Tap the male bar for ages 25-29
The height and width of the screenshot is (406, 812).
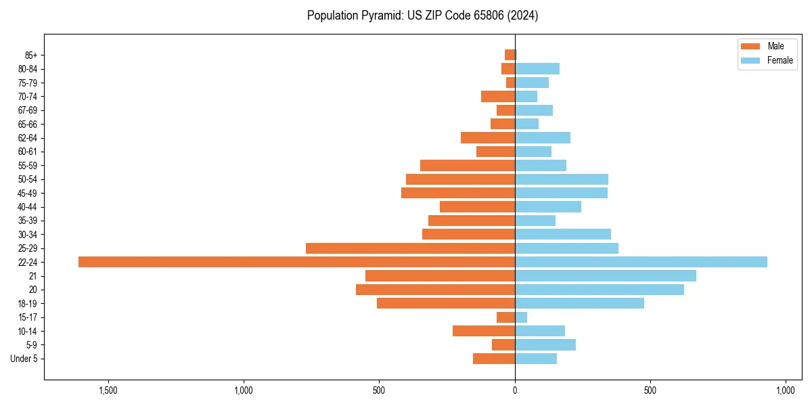(410, 248)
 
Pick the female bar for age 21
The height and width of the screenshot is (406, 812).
(605, 276)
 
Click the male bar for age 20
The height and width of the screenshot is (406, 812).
(435, 290)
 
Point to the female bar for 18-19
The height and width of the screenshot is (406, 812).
(579, 303)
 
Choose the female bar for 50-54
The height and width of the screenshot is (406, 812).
(561, 179)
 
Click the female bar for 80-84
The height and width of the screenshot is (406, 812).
(537, 69)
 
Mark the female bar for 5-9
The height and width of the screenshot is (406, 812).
(545, 344)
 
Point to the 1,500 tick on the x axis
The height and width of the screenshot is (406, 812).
(108, 391)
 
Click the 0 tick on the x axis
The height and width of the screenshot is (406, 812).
(515, 391)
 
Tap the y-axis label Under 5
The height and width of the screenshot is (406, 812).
(24, 359)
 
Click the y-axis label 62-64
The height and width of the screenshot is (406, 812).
(28, 138)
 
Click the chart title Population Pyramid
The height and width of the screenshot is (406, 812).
(422, 16)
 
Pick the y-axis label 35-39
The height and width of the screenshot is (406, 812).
(28, 221)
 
